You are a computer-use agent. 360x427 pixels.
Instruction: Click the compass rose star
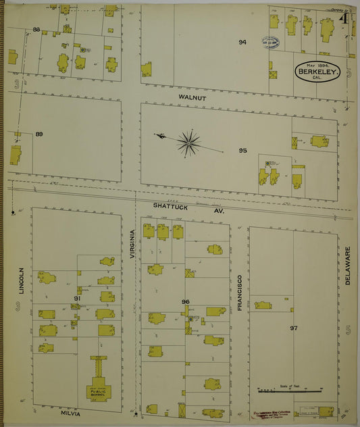[188, 143]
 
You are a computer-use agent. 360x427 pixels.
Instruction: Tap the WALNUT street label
[192, 98]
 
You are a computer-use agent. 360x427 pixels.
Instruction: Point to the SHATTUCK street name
[169, 205]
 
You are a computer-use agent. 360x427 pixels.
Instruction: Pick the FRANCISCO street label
[239, 292]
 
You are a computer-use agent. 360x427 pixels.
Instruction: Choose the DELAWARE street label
[349, 266]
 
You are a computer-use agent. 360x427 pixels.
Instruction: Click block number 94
[242, 43]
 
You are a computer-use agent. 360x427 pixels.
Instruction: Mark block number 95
[242, 150]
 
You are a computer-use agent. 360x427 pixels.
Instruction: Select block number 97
[294, 328]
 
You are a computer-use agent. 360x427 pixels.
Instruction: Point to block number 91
[78, 298]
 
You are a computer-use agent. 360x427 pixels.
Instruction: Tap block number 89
[39, 134]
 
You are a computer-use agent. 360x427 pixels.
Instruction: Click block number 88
[36, 30]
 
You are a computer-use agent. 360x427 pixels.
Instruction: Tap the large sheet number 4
[345, 19]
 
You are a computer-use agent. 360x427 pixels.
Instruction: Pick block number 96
[186, 301]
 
